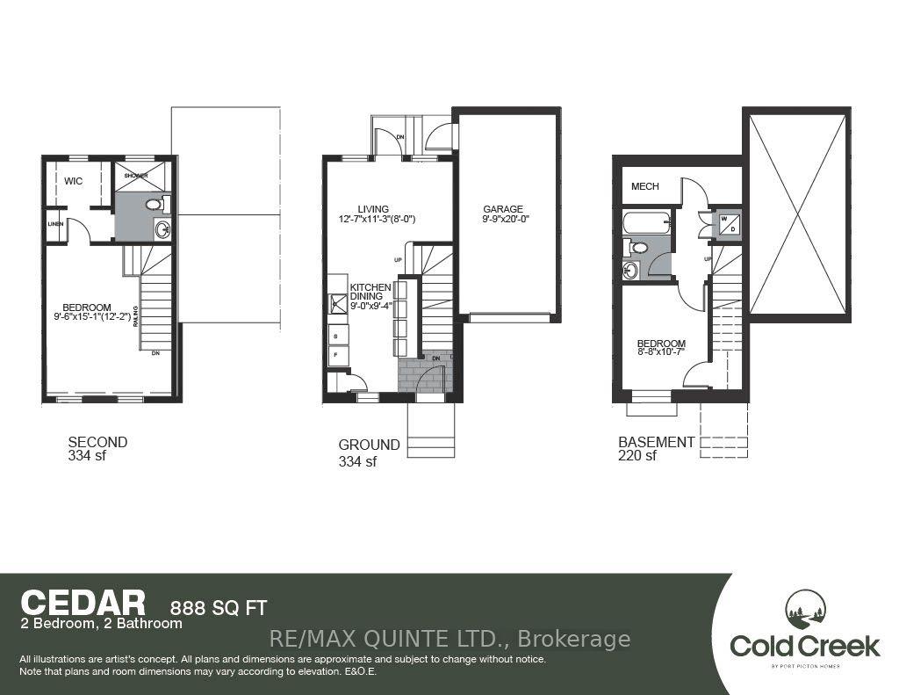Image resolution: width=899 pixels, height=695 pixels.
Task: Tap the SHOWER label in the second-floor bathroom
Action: pyautogui.click(x=134, y=175)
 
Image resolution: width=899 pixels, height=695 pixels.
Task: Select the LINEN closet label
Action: pyautogui.click(x=54, y=223)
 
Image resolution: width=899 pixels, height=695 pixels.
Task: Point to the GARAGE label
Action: pyautogui.click(x=503, y=210)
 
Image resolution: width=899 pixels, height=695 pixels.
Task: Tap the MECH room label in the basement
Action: pyautogui.click(x=645, y=186)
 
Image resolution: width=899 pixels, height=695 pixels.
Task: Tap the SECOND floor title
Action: pyautogui.click(x=97, y=442)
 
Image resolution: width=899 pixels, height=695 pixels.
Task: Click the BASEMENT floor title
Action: pyautogui.click(x=658, y=442)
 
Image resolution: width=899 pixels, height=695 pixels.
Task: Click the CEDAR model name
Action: pyautogui.click(x=83, y=603)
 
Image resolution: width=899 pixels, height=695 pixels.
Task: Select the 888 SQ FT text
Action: pyautogui.click(x=217, y=606)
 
